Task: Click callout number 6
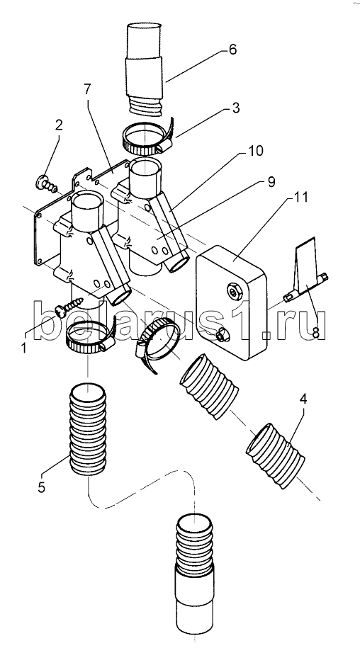tap(232, 50)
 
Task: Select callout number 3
tap(235, 108)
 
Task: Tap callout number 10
tap(255, 151)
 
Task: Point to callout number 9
tap(271, 182)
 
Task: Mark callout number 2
tap(59, 125)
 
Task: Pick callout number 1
tap(23, 348)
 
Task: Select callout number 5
tap(41, 487)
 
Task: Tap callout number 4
tap(303, 399)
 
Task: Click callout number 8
tap(315, 333)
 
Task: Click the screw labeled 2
tap(46, 184)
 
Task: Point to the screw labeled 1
tap(70, 306)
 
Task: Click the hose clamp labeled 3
tap(147, 137)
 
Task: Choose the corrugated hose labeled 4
tap(275, 455)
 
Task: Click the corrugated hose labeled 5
tap(88, 429)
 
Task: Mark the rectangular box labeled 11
tap(232, 302)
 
